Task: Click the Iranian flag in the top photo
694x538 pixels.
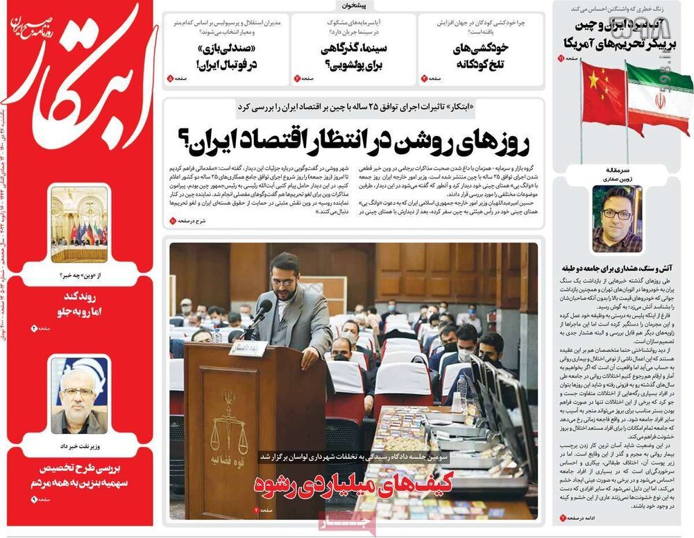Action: point(659,96)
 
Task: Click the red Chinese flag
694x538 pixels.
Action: point(602,94)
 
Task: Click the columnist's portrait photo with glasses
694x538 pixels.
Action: point(616,219)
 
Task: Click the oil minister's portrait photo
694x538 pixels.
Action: point(79,396)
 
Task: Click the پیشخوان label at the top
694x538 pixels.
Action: point(357,6)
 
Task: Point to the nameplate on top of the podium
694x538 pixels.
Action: point(248,349)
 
